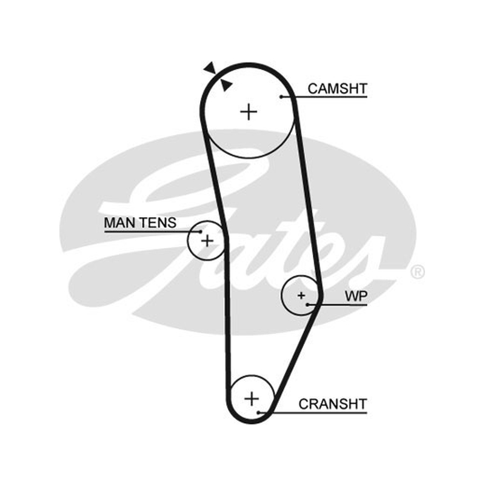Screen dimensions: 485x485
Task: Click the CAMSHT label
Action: point(337,89)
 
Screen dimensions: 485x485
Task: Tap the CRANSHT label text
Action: point(332,404)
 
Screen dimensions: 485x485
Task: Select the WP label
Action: point(356,296)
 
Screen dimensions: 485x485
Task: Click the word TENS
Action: point(158,222)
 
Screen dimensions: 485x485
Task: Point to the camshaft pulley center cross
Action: point(249,112)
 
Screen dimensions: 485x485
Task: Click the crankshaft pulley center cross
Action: point(252,398)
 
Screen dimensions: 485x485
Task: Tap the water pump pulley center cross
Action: point(301,296)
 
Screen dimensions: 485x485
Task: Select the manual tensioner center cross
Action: point(207,241)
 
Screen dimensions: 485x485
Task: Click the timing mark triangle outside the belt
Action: point(210,67)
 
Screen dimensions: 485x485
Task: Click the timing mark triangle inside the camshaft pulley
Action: point(226,85)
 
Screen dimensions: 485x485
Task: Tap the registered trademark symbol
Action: point(418,272)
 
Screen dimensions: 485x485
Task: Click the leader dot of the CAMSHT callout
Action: point(281,97)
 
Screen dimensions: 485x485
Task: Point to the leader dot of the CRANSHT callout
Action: point(258,412)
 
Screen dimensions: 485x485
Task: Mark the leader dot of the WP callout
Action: point(307,305)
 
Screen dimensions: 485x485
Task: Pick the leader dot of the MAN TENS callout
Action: point(201,232)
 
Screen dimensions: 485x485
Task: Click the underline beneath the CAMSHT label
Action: point(324,97)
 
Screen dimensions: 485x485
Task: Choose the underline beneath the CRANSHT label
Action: point(313,412)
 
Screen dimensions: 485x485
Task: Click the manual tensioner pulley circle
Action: point(187,241)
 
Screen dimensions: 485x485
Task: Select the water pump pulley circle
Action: point(282,296)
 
